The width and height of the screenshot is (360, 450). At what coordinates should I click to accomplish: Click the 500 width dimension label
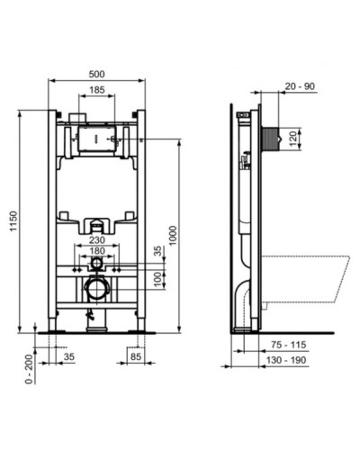click(x=97, y=73)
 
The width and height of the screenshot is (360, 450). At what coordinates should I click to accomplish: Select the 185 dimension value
click(x=96, y=91)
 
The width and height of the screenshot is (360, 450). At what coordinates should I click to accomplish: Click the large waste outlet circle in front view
click(x=96, y=289)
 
